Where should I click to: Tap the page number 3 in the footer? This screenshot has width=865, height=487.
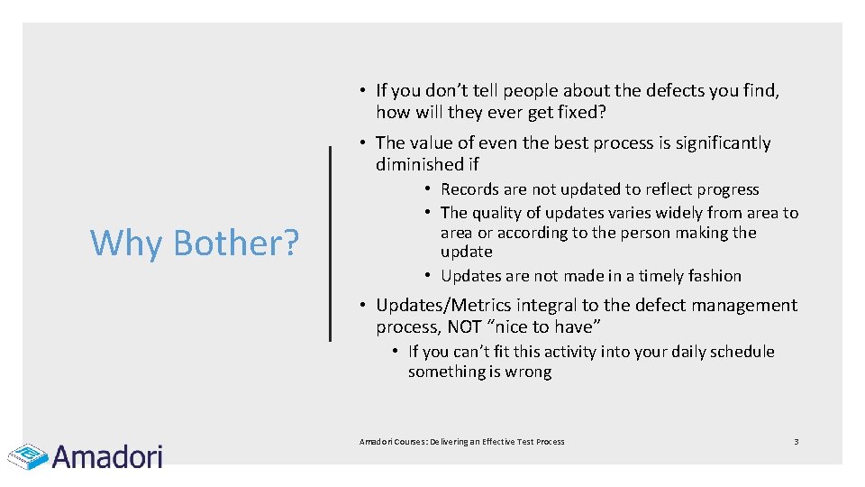click(x=796, y=441)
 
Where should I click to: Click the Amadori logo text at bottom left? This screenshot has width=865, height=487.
click(x=107, y=456)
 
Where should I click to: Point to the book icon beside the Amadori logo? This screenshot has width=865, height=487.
click(x=27, y=456)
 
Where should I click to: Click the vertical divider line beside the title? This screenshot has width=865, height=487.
click(x=330, y=244)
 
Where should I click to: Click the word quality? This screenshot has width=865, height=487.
click(x=503, y=213)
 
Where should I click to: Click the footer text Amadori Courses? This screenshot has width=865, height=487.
click(x=393, y=442)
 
